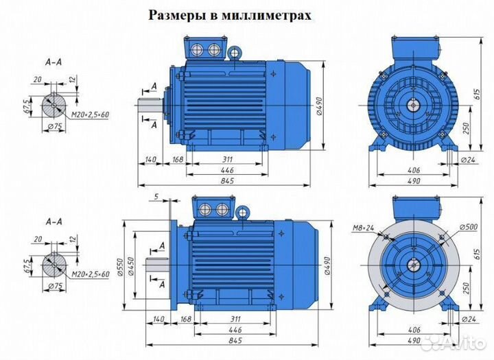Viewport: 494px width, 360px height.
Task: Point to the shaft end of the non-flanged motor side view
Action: click(150, 106)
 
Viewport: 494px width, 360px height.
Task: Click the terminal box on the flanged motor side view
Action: click(213, 208)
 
